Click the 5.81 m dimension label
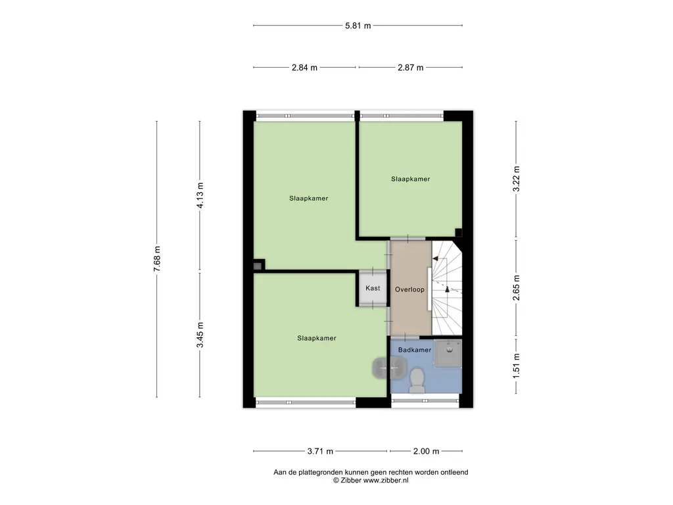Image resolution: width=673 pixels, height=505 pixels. tap(358, 26)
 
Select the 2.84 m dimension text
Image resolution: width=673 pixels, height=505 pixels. tap(304, 68)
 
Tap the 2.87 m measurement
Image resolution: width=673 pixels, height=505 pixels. tap(410, 68)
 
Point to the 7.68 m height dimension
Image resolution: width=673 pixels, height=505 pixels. tap(157, 258)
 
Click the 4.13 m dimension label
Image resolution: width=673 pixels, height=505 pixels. tap(200, 195)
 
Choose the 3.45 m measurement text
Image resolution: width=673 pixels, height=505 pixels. tap(200, 335)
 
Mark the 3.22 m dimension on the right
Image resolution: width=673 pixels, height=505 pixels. tap(517, 179)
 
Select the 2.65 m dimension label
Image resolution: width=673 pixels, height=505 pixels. tap(517, 288)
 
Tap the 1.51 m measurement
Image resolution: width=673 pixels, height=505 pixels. tap(517, 366)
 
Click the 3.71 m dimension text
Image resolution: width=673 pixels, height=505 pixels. tap(320, 451)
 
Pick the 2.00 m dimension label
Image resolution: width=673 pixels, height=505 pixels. tap(426, 451)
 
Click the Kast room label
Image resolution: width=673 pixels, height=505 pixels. tap(373, 288)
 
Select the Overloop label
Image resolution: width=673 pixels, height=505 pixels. tap(409, 289)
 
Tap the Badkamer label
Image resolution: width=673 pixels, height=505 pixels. tap(415, 350)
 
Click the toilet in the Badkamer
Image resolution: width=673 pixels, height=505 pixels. tap(417, 381)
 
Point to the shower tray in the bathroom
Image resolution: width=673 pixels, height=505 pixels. tap(448, 353)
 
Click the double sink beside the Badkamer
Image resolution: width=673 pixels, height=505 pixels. tap(389, 368)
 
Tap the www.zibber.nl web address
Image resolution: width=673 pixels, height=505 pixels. tap(386, 481)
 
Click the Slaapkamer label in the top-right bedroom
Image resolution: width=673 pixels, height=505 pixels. tap(410, 179)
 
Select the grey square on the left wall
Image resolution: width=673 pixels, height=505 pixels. tap(257, 266)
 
